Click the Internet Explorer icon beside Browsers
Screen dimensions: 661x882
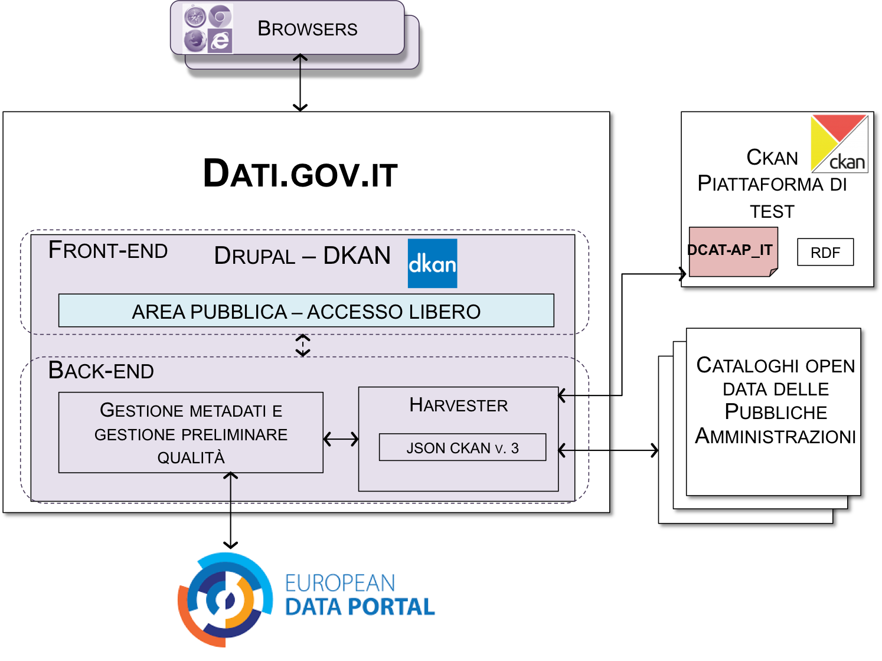pos(220,41)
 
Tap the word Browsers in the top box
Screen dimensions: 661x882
pos(307,28)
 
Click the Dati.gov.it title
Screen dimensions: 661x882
pos(300,174)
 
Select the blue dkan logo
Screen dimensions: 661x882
pos(432,263)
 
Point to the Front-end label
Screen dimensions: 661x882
pos(108,250)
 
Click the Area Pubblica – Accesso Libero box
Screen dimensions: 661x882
pos(306,310)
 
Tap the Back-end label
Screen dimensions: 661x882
pos(101,371)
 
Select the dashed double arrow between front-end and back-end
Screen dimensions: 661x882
pos(303,345)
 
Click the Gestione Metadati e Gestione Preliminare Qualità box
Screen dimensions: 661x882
pos(191,433)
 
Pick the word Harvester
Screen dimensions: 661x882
pos(459,405)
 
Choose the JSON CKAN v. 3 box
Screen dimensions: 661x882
pos(462,447)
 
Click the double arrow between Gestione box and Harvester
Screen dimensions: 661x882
pos(341,439)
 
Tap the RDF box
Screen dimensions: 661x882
pos(825,253)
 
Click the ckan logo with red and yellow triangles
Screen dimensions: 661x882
pos(839,143)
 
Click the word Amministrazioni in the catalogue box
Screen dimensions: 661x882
pos(775,437)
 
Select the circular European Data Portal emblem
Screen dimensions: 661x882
pos(225,600)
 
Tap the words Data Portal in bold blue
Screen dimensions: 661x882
pos(360,607)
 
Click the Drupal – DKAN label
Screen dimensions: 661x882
pos(302,256)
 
